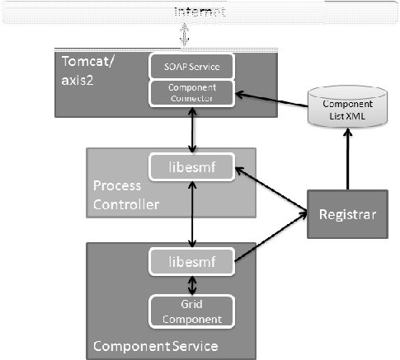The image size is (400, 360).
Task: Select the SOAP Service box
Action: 192,65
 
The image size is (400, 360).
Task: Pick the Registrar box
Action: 346,214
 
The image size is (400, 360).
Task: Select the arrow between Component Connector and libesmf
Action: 192,129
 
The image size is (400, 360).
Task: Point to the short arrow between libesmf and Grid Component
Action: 192,284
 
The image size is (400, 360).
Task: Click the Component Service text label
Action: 154,345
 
